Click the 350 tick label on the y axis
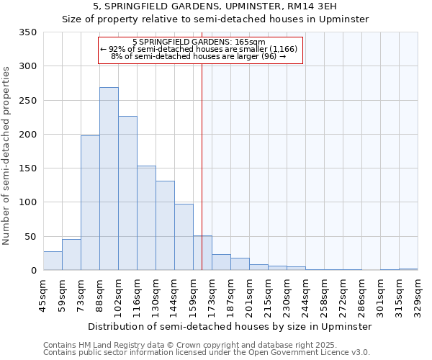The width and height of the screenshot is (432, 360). (x=27, y=32)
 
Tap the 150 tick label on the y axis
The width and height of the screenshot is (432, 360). (x=27, y=168)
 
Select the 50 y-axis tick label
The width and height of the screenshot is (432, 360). (x=30, y=236)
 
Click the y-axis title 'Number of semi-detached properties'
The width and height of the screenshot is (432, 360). (x=6, y=155)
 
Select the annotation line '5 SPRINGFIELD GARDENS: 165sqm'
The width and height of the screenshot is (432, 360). (x=199, y=42)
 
